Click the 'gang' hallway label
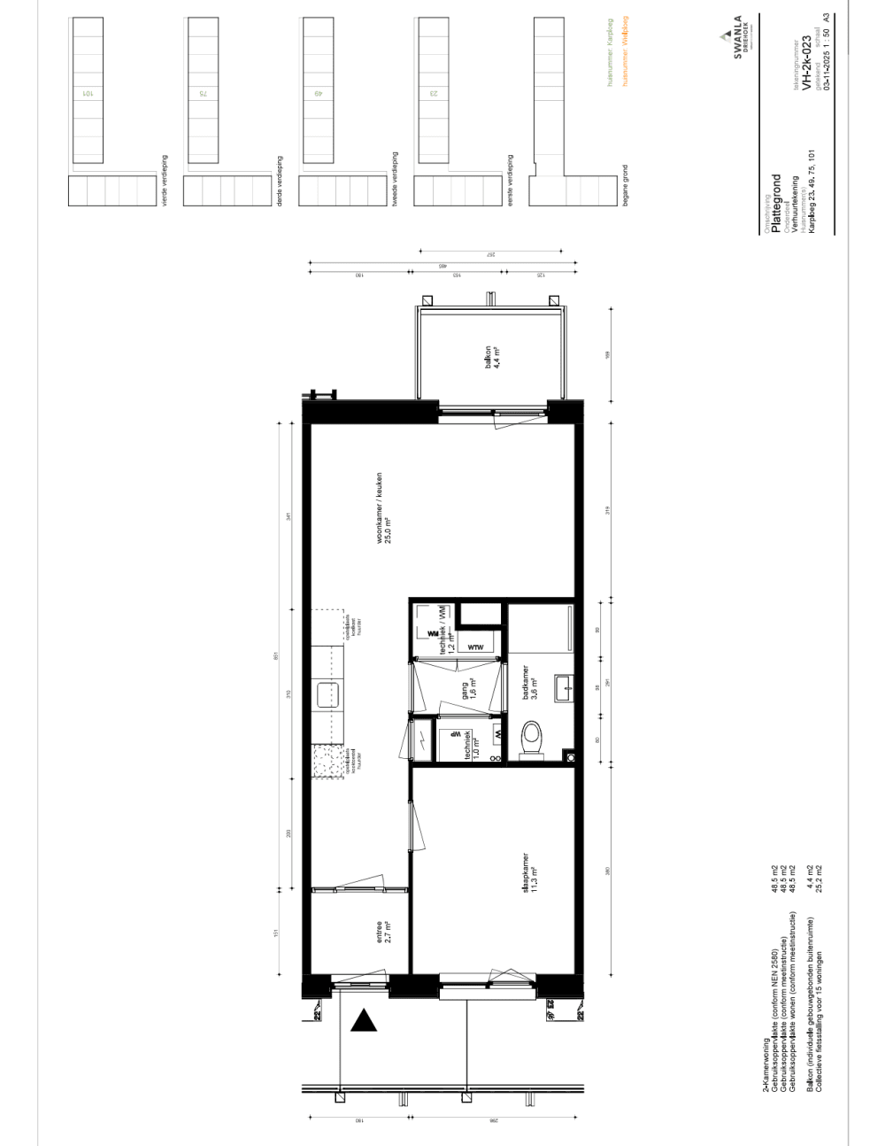coord(468,689)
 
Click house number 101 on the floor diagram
coord(88,92)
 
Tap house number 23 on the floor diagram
coord(434,92)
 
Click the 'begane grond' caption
coord(625,185)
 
